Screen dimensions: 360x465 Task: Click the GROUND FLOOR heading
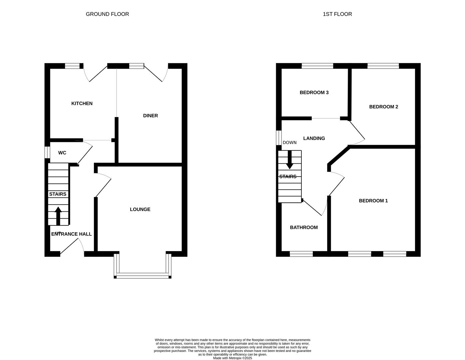click(x=107, y=14)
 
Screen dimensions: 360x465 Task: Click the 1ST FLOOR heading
click(x=337, y=14)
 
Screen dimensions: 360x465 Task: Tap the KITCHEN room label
click(x=82, y=103)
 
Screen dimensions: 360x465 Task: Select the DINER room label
click(x=151, y=116)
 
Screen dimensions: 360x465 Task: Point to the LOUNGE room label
click(x=140, y=209)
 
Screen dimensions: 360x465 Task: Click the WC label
click(x=62, y=153)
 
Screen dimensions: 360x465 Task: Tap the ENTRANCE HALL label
click(x=71, y=234)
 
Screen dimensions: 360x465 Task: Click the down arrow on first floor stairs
click(x=289, y=160)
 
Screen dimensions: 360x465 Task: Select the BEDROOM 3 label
click(x=314, y=92)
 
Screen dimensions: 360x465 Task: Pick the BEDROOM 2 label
click(x=383, y=107)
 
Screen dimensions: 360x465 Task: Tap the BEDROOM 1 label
click(x=373, y=201)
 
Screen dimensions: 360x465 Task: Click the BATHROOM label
click(x=304, y=227)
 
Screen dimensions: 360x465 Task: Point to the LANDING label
click(x=314, y=138)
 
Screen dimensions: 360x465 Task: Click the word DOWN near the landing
click(x=289, y=142)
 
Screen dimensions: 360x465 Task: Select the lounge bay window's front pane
click(x=143, y=275)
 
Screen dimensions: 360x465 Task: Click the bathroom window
click(x=301, y=254)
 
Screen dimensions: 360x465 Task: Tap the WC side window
click(x=47, y=152)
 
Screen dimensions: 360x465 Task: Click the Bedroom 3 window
click(x=317, y=66)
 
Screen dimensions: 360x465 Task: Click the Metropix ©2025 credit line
click(x=232, y=358)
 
